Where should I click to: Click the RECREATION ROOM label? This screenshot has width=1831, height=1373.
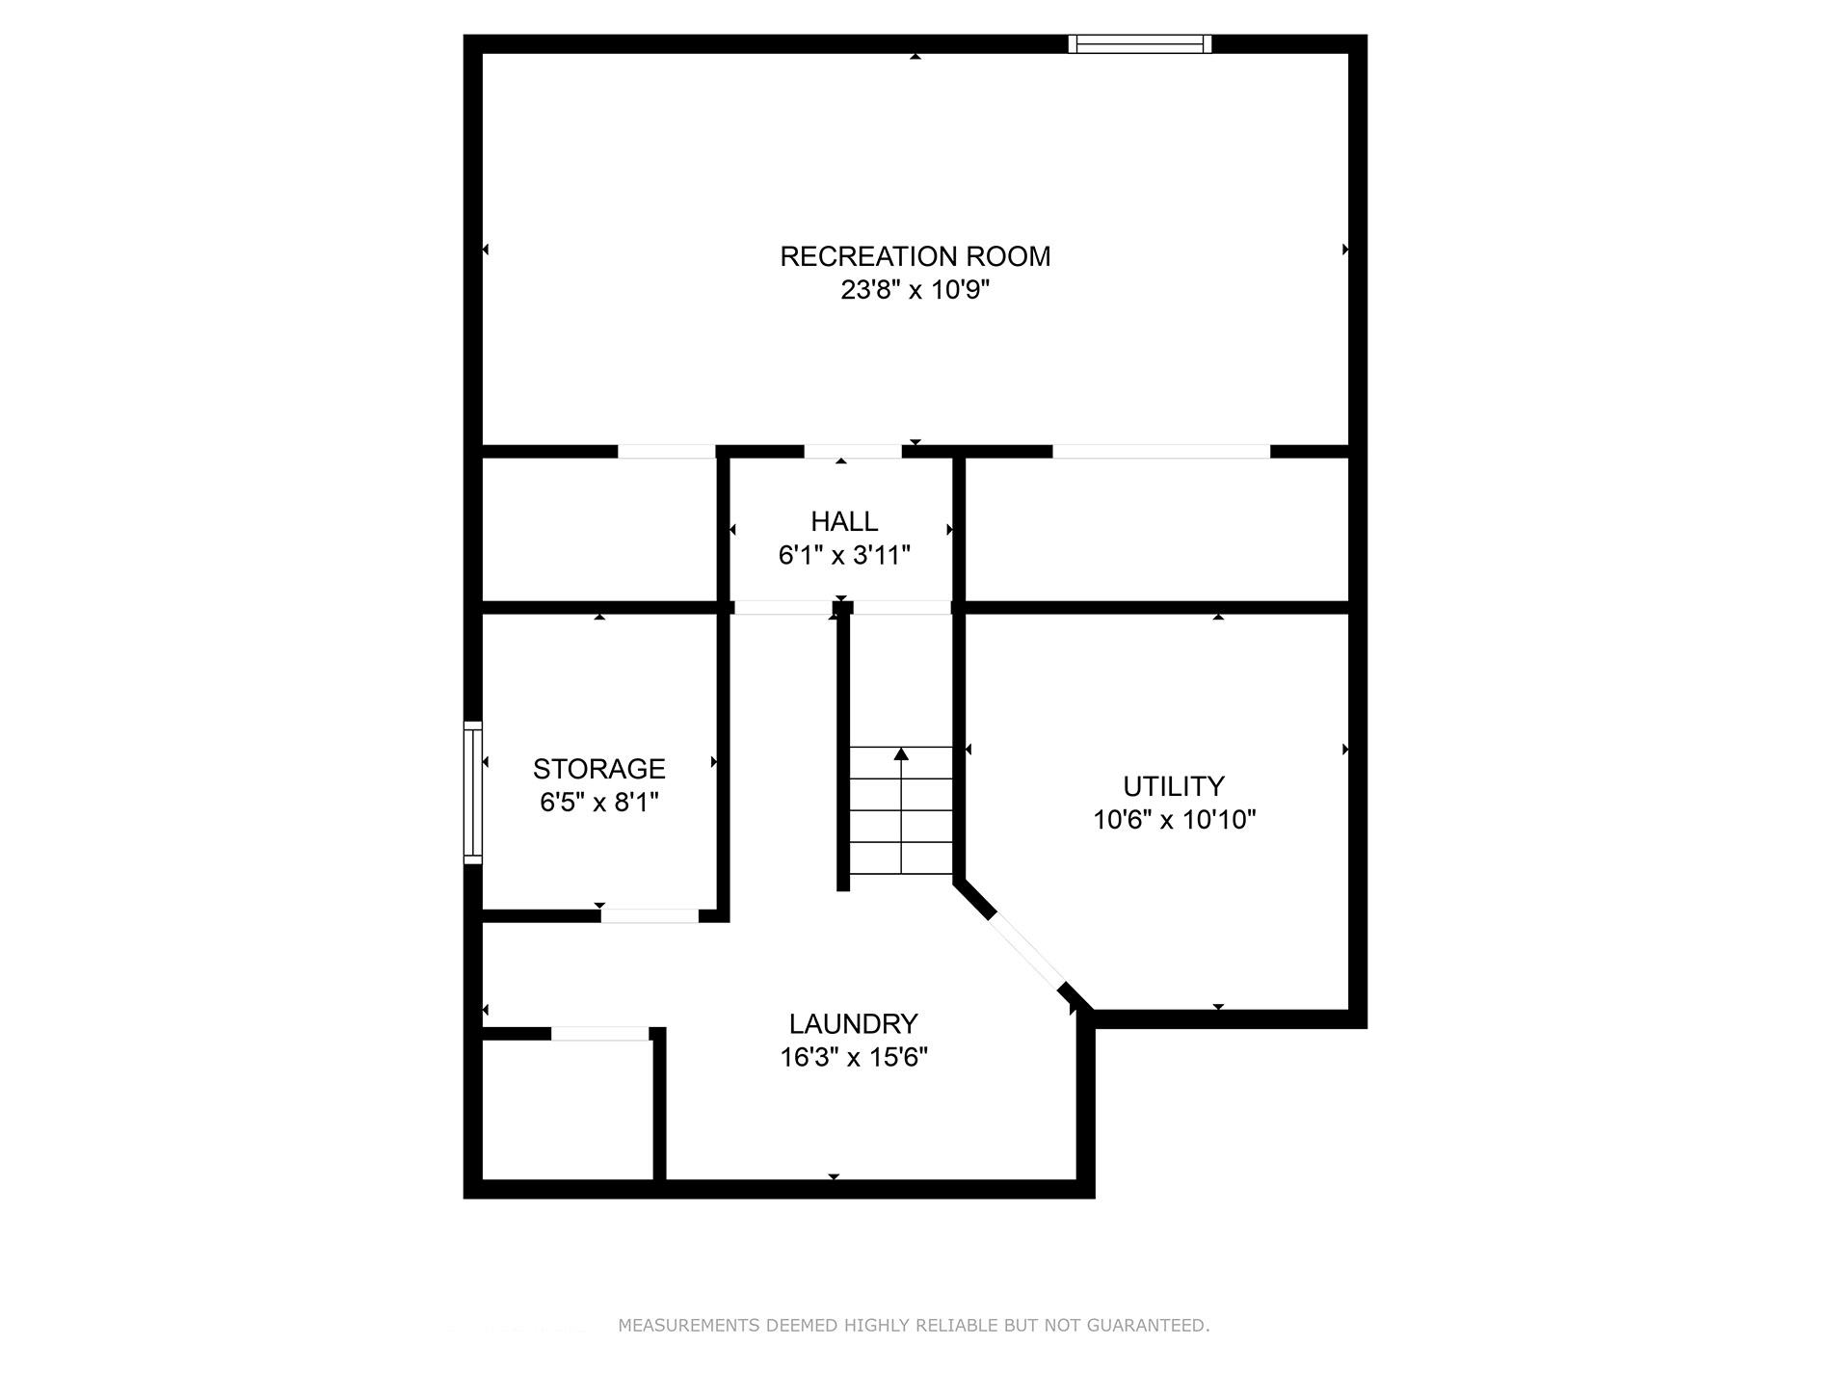[915, 256]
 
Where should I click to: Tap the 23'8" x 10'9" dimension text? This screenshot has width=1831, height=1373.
[915, 290]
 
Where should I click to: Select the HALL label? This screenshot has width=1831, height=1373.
[844, 521]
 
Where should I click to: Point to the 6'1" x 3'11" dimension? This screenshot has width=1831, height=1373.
[844, 556]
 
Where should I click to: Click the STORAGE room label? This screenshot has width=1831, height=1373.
[598, 769]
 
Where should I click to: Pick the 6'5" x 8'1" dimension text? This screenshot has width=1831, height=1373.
[598, 803]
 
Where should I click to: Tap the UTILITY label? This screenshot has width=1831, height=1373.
[1174, 786]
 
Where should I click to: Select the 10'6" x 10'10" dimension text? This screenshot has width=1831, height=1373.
[1174, 820]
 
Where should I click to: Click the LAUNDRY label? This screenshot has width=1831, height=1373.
[853, 1023]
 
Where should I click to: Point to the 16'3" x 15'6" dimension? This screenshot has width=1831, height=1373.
[853, 1058]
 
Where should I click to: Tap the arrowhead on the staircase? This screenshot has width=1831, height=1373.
[901, 753]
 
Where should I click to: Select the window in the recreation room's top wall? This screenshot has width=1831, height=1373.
[1139, 43]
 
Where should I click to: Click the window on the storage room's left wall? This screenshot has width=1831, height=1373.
[472, 792]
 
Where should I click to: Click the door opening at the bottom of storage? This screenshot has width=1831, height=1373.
[650, 915]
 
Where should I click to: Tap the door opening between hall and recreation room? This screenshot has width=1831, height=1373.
[853, 451]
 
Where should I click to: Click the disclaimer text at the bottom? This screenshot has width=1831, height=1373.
[913, 1326]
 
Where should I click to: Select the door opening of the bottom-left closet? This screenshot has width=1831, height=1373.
[599, 1034]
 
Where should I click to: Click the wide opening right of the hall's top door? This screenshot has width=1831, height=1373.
[1160, 451]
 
